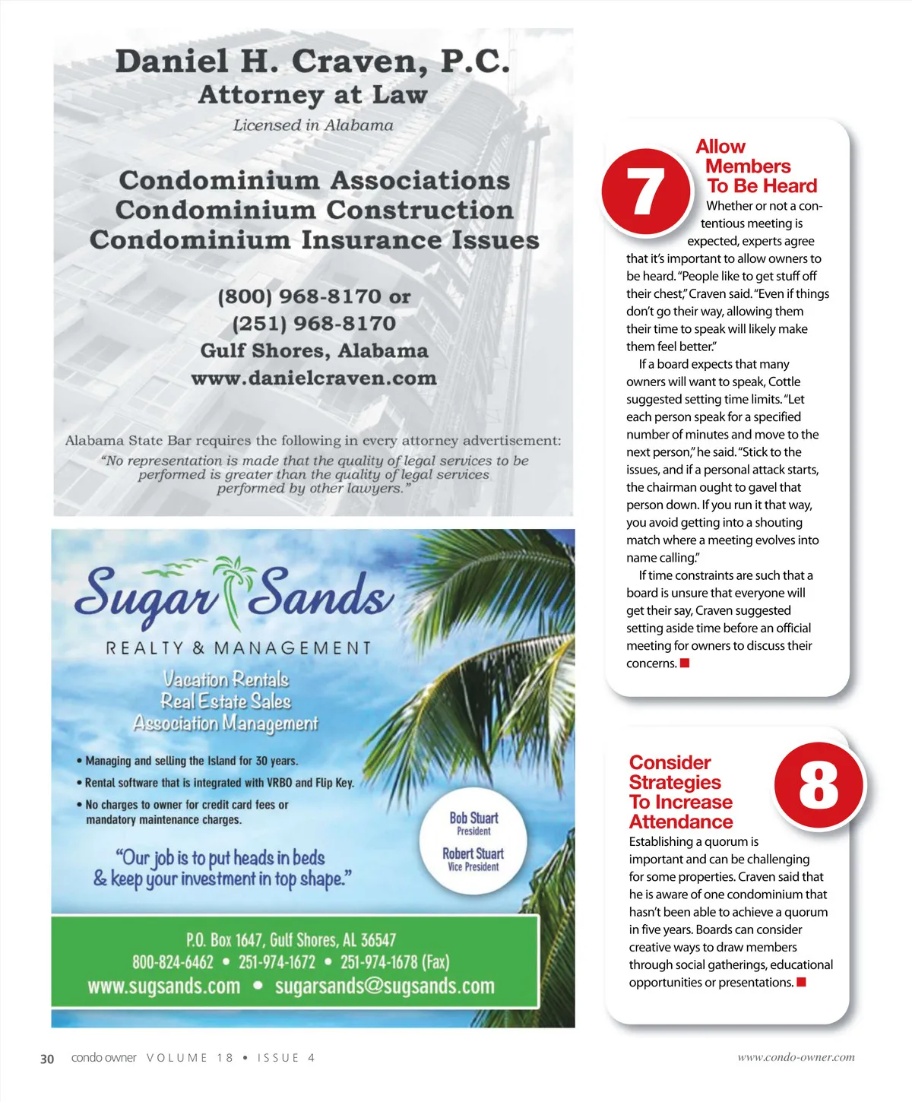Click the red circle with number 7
(x=645, y=191)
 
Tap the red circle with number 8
(x=819, y=786)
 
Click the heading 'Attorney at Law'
(x=312, y=95)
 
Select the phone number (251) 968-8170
(x=314, y=324)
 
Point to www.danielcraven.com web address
(x=314, y=378)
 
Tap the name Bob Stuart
(x=473, y=818)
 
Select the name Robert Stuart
(x=473, y=853)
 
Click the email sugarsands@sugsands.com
(x=385, y=986)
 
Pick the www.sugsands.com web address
(x=163, y=986)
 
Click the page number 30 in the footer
(x=47, y=1059)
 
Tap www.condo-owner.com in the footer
(x=796, y=1057)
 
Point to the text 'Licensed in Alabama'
(x=313, y=125)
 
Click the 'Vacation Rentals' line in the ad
(x=226, y=679)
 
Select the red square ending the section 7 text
(x=685, y=663)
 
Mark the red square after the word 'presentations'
(x=801, y=983)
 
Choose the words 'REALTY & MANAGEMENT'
(x=238, y=648)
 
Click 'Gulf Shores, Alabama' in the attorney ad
(x=314, y=351)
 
